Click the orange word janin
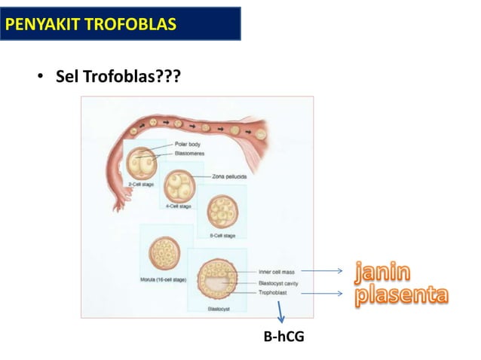pos(384,270)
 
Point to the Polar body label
pos(188,143)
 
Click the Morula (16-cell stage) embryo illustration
pos(164,255)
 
